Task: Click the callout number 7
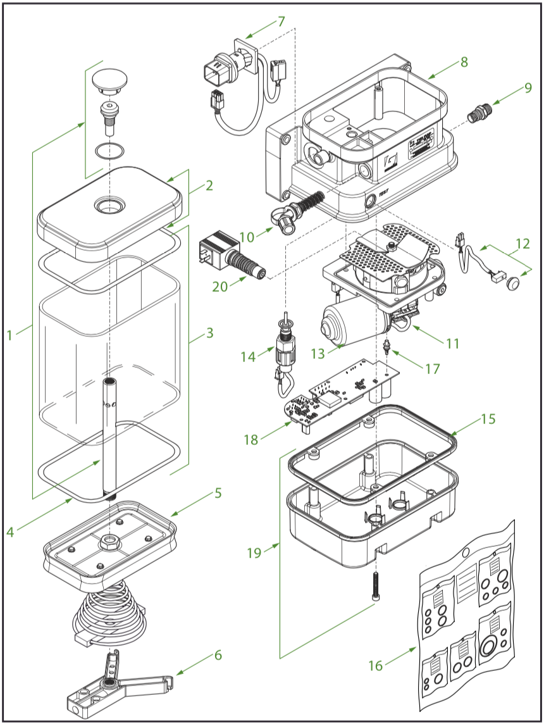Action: (280, 22)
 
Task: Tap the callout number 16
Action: (376, 665)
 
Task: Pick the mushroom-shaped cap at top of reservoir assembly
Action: (110, 79)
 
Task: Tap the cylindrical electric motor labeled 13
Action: (351, 322)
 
